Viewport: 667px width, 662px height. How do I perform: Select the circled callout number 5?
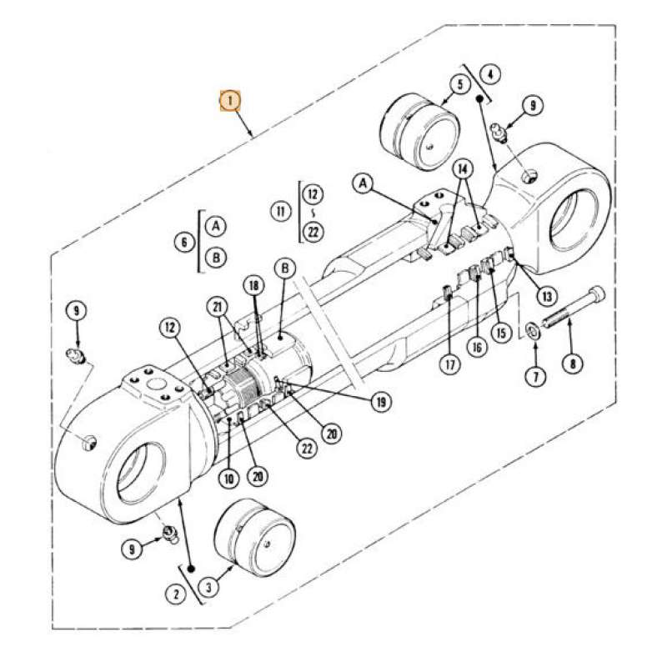click(x=458, y=83)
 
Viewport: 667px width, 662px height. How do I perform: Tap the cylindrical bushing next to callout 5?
click(x=419, y=131)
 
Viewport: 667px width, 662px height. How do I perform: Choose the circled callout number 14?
click(x=463, y=169)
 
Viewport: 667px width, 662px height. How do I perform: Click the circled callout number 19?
click(x=381, y=402)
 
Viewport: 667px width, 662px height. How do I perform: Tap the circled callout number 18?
click(x=253, y=286)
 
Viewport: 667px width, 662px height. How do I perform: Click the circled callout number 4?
click(x=489, y=74)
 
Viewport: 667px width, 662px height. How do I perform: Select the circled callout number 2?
click(x=175, y=594)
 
